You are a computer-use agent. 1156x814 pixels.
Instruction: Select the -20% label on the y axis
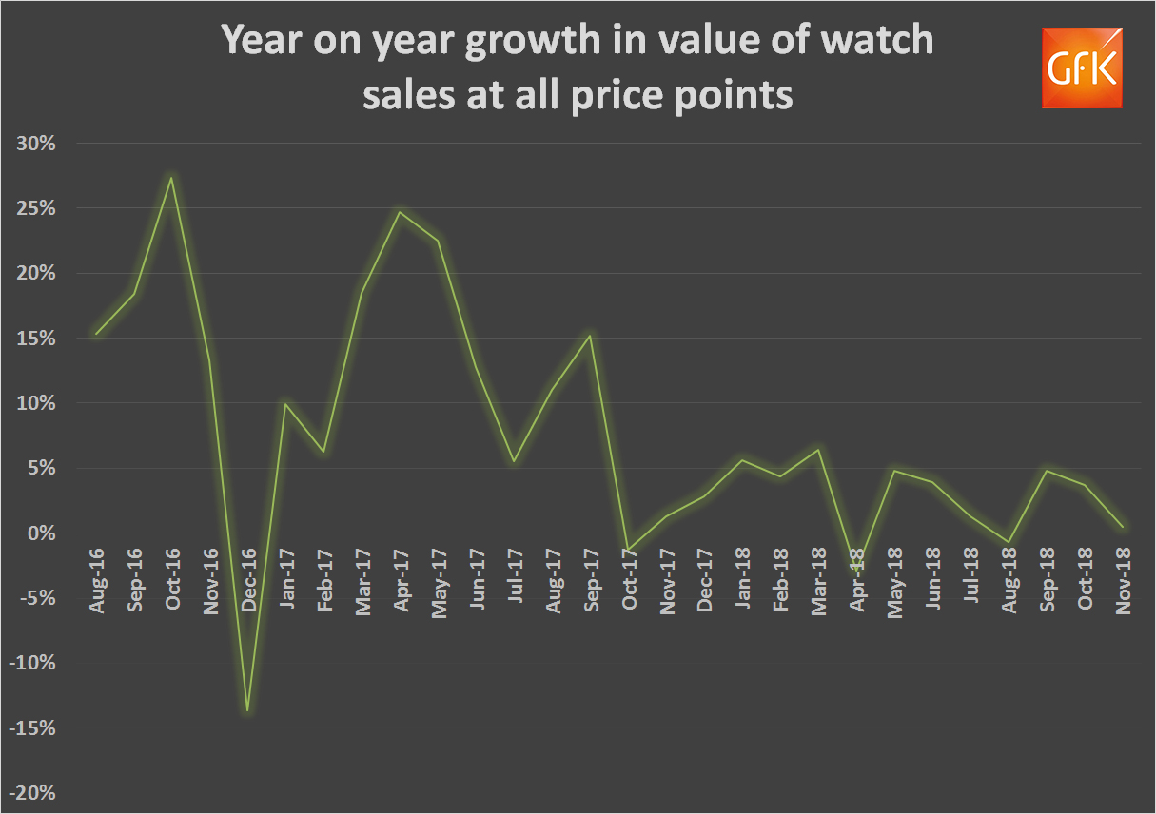33,794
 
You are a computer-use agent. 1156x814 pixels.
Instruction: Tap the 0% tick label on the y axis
42,533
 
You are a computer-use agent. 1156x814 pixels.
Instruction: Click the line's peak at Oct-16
171,178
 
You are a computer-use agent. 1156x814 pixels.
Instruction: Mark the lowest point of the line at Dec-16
247,710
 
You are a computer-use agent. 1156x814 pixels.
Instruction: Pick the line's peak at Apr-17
400,212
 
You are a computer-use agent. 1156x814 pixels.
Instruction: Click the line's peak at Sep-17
591,336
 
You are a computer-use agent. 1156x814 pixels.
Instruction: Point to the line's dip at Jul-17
514,461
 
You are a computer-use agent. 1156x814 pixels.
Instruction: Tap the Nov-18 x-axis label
1124,581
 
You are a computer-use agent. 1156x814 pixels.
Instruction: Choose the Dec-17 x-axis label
705,581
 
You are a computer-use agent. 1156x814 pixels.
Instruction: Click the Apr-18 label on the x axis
857,581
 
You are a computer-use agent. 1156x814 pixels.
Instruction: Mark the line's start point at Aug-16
96,334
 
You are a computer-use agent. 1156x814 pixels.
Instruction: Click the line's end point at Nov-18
1124,527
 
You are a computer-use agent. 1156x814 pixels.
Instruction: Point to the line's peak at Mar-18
819,450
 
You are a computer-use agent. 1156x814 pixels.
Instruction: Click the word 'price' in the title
626,96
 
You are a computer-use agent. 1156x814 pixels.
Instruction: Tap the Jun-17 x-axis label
477,581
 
